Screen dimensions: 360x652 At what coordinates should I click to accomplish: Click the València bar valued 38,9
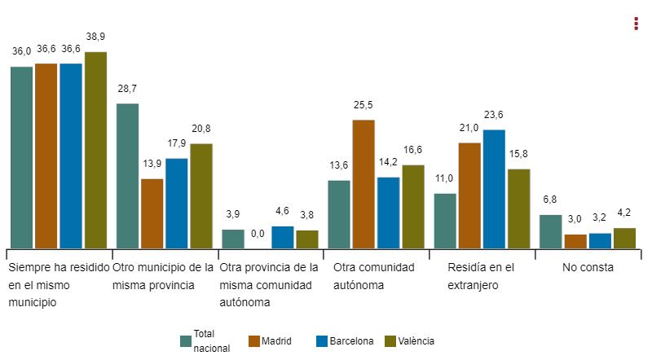[95, 150]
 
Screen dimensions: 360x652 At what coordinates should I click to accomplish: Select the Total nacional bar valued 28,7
[127, 176]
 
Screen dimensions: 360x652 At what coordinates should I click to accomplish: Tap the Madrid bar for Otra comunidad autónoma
[363, 184]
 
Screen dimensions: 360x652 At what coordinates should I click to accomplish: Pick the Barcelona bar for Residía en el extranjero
[494, 189]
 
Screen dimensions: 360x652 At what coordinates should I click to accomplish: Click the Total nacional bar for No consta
[551, 231]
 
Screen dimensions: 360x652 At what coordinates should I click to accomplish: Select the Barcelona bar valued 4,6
[282, 237]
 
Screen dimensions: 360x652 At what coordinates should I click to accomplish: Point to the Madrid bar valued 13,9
[152, 213]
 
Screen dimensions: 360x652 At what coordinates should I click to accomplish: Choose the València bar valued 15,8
[518, 209]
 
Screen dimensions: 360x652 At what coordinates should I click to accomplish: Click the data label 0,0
[258, 234]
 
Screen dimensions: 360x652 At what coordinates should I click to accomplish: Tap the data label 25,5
[363, 105]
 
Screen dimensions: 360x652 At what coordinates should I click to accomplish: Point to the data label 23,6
[494, 115]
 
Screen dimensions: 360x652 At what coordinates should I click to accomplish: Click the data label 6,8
[551, 200]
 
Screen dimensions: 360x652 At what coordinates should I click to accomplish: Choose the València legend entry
[409, 341]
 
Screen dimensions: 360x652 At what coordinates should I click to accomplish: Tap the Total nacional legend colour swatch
[185, 341]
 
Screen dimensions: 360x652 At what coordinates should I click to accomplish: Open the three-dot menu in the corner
[636, 24]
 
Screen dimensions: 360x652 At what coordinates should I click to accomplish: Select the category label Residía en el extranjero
[481, 276]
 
